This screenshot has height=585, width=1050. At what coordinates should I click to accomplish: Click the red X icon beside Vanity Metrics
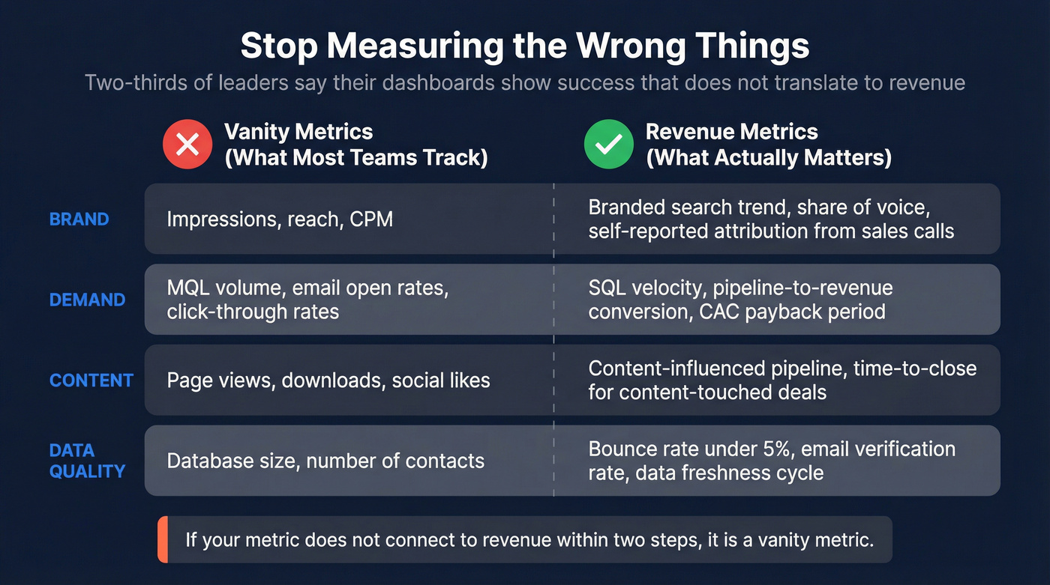pos(187,145)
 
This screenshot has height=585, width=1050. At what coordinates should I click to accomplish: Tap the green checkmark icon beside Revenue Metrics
pos(608,145)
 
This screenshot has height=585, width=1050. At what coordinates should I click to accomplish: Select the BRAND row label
pos(79,219)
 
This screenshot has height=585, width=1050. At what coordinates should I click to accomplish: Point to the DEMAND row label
pos(87,300)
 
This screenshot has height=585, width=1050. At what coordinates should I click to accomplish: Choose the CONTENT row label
pos(91,380)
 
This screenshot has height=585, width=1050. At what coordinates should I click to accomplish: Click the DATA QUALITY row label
pos(87,461)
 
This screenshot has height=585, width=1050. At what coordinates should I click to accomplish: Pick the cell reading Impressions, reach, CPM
pos(280,219)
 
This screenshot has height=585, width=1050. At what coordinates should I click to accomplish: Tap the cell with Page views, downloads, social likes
pos(328,380)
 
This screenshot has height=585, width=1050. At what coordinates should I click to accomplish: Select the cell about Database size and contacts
pos(325,461)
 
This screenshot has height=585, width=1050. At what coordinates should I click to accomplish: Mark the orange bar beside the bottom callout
pos(162,539)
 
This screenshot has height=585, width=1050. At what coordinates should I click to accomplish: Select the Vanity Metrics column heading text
pos(298,133)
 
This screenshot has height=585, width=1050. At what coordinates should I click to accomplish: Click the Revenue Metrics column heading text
pos(731,133)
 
